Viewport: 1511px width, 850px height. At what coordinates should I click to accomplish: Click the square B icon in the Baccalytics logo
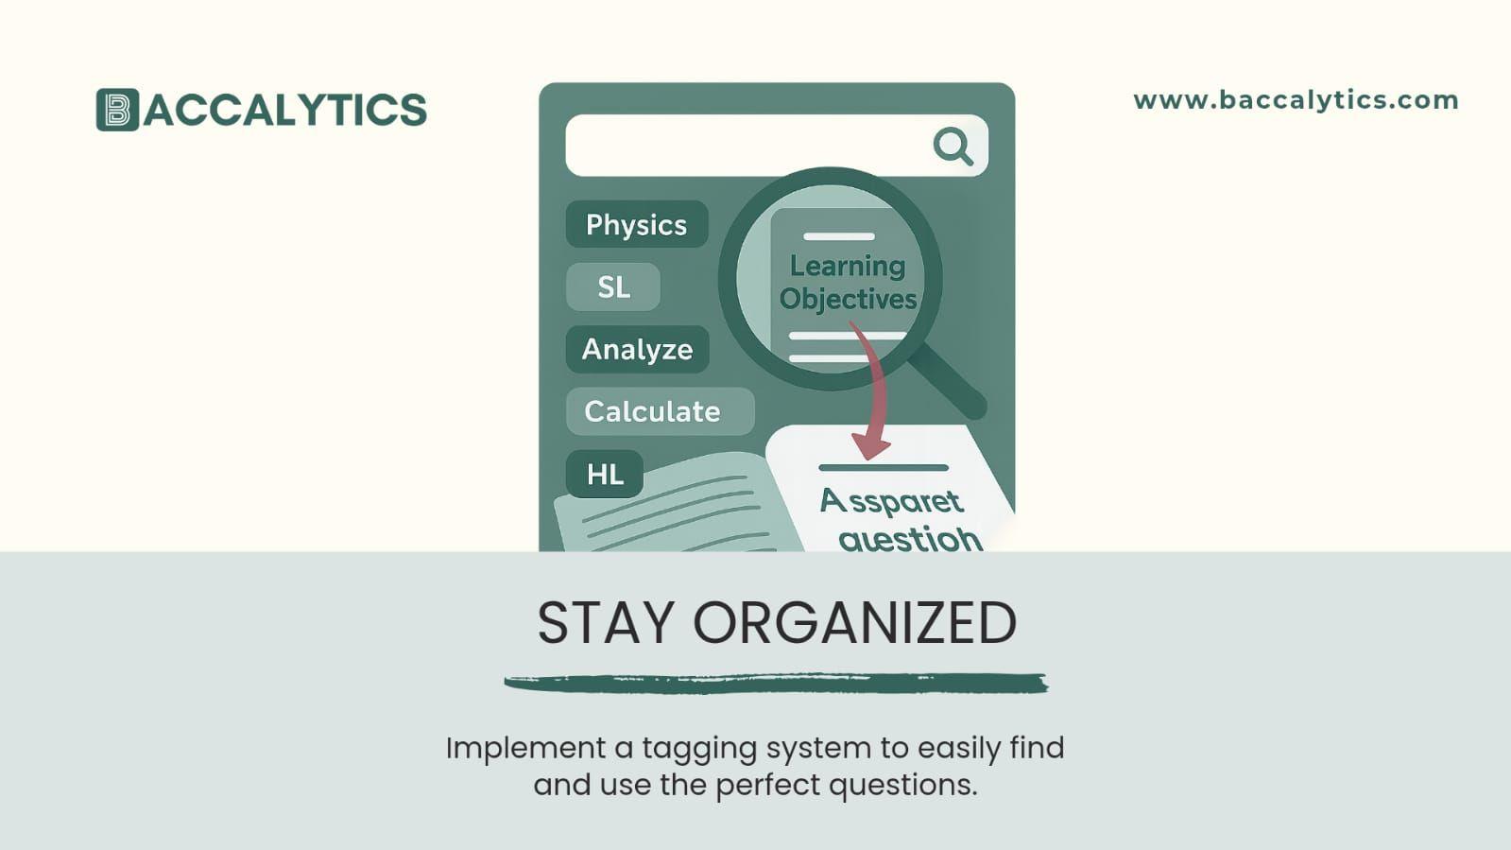[x=117, y=110]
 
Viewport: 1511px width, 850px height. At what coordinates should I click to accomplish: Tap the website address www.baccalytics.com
[x=1296, y=100]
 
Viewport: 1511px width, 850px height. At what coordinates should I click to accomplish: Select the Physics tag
[x=636, y=225]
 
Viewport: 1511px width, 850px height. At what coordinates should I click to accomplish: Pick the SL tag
[x=613, y=286]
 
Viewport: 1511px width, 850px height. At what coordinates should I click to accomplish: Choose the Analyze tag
[x=637, y=350]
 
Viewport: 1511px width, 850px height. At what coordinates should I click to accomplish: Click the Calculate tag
[x=652, y=411]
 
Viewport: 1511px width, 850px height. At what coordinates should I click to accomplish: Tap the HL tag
[x=605, y=474]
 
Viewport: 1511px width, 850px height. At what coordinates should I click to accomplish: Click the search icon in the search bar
[x=953, y=147]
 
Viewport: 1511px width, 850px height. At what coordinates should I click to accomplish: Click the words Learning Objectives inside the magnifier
[x=847, y=283]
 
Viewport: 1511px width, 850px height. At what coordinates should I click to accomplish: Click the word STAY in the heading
[x=606, y=624]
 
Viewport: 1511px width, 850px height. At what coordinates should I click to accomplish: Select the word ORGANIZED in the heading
[x=854, y=624]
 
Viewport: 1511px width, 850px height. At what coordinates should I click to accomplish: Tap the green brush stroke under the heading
[x=776, y=683]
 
